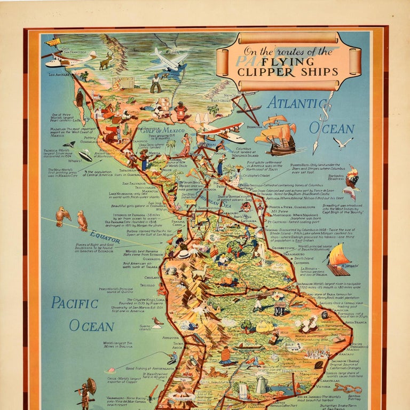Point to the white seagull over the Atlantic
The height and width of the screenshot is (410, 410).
pos(343,143)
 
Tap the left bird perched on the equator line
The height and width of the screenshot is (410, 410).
pos(63,216)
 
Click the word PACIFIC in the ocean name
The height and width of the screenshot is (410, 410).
pos(75,303)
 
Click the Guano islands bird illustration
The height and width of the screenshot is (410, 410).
pos(157,322)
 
